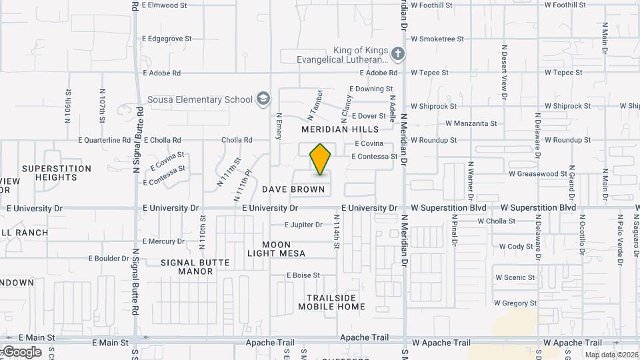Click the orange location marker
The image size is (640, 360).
320,159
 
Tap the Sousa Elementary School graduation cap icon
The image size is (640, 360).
263,99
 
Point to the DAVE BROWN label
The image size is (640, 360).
293,189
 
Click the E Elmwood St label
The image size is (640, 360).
165,5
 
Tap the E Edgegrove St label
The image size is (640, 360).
167,39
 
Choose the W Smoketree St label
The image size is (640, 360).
437,39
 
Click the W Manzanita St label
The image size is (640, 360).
471,123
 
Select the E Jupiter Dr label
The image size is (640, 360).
303,225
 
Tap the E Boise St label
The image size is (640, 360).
303,275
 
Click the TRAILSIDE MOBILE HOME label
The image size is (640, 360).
331,302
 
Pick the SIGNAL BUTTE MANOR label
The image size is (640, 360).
196,267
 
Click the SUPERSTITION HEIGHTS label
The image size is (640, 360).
57,173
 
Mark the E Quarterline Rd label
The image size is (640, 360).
105,140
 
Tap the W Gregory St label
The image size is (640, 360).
515,303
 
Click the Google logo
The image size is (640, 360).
21,351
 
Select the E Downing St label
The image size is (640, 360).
371,89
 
